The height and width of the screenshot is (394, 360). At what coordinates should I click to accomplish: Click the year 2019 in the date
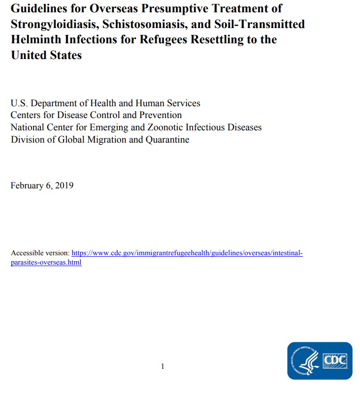click(64, 185)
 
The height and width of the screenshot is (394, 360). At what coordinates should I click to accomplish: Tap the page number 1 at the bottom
click(163, 366)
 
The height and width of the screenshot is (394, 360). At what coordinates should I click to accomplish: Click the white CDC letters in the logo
click(335, 362)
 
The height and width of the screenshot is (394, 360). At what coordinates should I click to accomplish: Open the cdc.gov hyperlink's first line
click(187, 253)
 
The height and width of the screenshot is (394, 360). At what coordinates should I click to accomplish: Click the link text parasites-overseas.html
click(46, 262)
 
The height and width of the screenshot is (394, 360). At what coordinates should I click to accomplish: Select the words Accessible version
click(40, 253)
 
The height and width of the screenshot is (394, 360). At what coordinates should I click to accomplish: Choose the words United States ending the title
click(46, 55)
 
